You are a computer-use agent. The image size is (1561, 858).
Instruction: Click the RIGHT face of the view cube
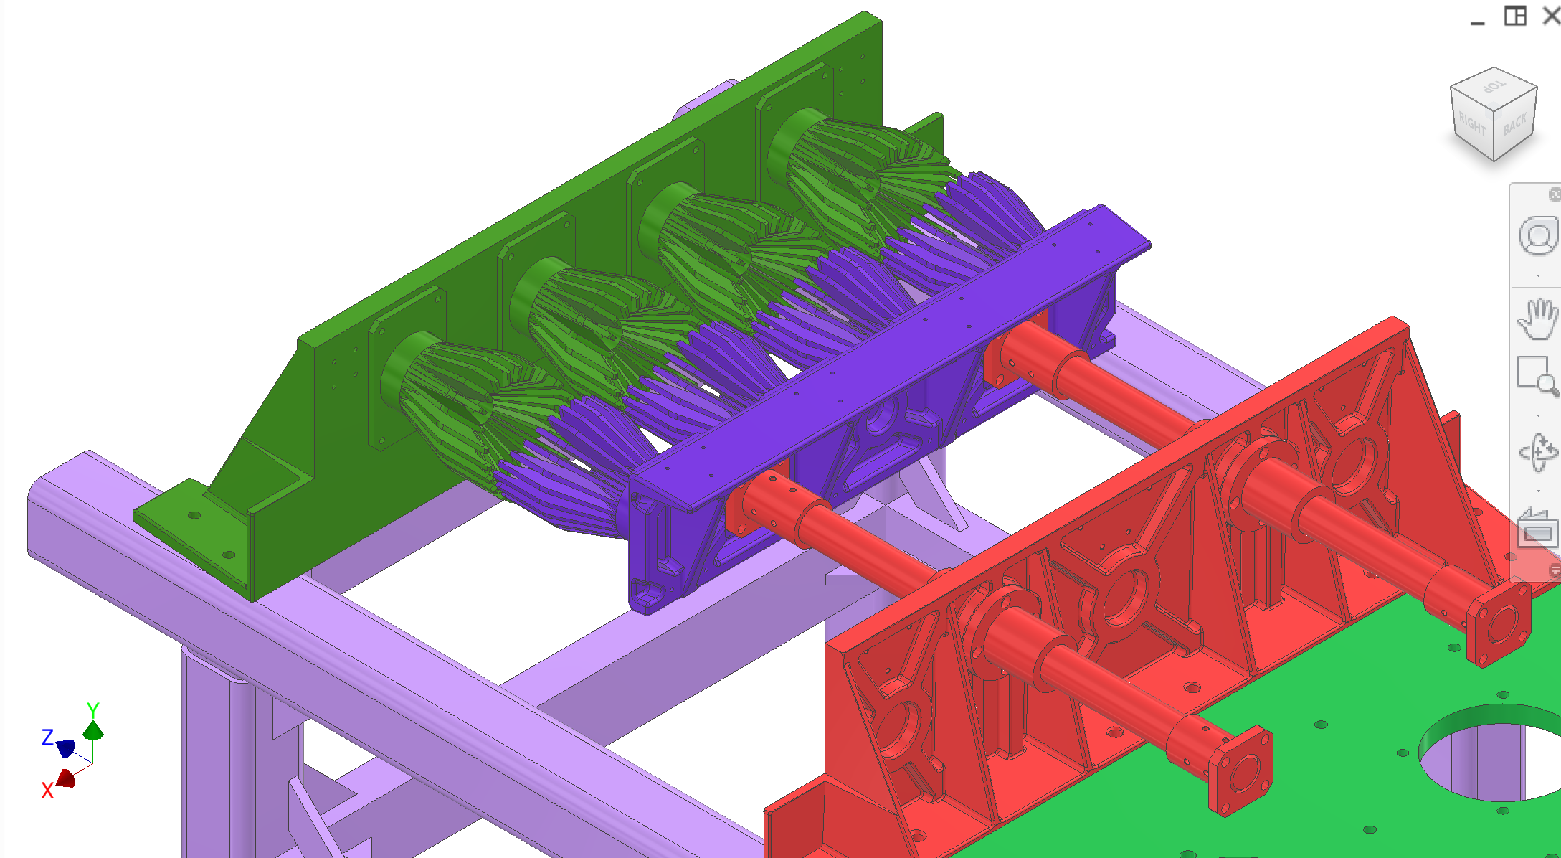tap(1471, 125)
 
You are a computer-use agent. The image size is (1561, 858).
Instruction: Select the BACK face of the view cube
tap(1514, 126)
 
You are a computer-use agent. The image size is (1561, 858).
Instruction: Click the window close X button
tap(1551, 16)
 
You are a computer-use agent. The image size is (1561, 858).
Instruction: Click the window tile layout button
tap(1514, 16)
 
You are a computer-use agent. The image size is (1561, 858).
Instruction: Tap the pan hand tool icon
tap(1537, 319)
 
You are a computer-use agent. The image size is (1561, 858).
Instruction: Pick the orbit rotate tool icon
tap(1537, 452)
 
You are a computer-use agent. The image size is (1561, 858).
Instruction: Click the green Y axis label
tap(92, 709)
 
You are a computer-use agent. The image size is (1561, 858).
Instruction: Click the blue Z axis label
tap(47, 737)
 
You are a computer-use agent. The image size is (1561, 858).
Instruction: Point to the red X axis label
tap(47, 791)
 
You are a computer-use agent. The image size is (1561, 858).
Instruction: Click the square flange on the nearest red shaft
tap(1239, 772)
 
